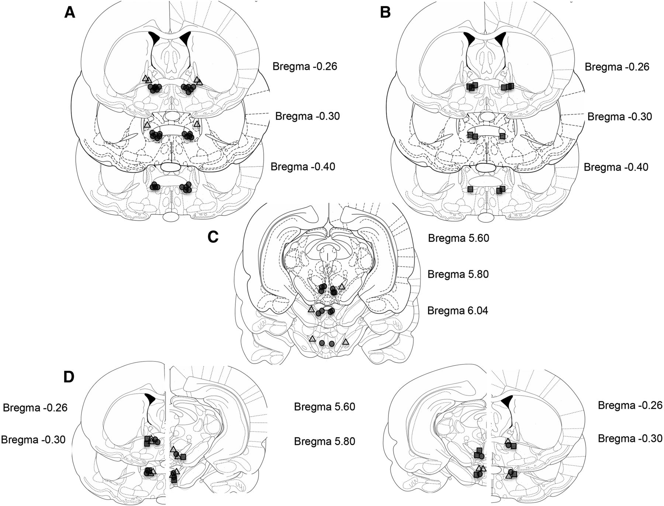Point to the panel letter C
213,237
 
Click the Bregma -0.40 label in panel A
303,167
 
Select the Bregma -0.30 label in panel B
619,117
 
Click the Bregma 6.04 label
457,311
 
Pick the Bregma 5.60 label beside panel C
458,238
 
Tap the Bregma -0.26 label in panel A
305,66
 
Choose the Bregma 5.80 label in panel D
325,441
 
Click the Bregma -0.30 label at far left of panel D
33,440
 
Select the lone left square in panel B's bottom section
470,189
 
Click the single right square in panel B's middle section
502,136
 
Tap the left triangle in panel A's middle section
148,125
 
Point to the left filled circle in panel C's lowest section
322,343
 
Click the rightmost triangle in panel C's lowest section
345,342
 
